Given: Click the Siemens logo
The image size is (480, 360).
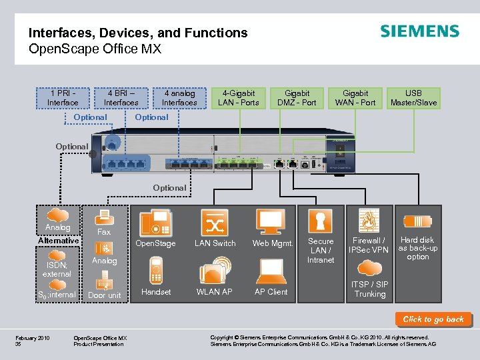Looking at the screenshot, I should pyautogui.click(x=419, y=31).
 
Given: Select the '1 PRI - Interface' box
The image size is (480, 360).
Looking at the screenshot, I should pyautogui.click(x=63, y=98).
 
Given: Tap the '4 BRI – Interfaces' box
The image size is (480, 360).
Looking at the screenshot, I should pyautogui.click(x=121, y=98).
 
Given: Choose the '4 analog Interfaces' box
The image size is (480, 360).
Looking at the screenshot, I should pyautogui.click(x=179, y=98).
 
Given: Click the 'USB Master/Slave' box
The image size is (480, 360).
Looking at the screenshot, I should pyautogui.click(x=413, y=98).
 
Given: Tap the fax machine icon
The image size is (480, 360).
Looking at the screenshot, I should pyautogui.click(x=103, y=217).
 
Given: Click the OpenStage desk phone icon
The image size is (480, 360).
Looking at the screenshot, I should pyautogui.click(x=155, y=222).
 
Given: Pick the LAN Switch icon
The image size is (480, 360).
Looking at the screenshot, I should pyautogui.click(x=214, y=222).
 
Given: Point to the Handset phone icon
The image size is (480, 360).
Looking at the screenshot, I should pyautogui.click(x=155, y=271).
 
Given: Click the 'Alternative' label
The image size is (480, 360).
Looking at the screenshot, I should pyautogui.click(x=59, y=241).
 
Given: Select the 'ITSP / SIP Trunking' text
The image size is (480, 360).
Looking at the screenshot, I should pyautogui.click(x=370, y=289).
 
